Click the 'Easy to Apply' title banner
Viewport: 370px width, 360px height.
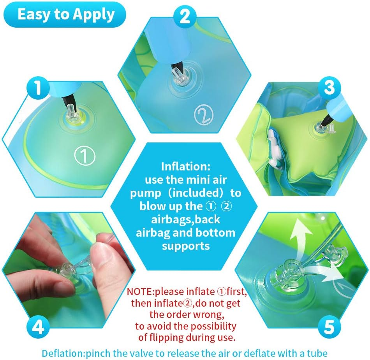[x=66, y=14]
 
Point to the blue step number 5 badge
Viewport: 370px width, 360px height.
[x=329, y=327]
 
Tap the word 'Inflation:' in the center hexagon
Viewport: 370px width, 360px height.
[x=186, y=167]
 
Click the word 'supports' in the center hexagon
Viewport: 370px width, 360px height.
[x=186, y=246]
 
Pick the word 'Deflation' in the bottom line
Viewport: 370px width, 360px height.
[x=62, y=353]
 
